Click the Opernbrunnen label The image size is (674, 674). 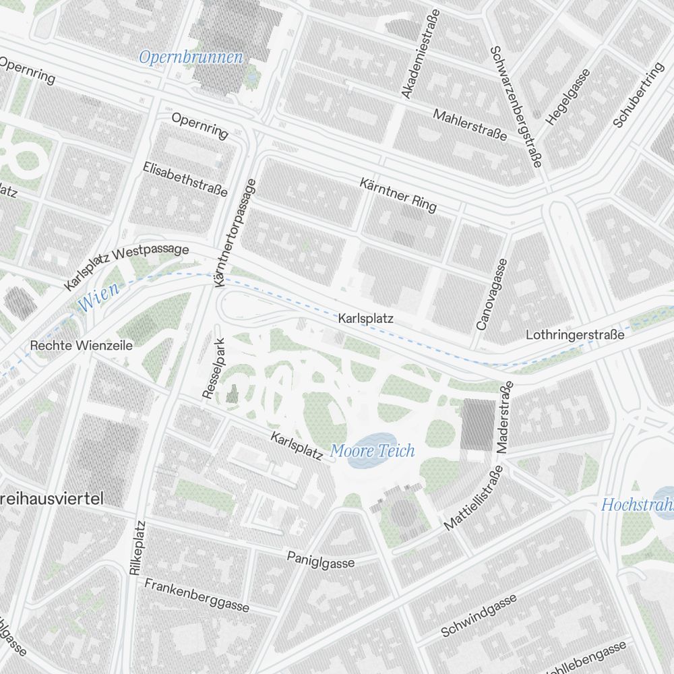click(x=191, y=57)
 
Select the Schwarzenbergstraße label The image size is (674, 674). click(x=516, y=106)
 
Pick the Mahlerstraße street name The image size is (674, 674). click(x=470, y=125)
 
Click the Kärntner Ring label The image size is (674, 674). click(x=398, y=194)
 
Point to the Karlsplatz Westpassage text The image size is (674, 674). click(x=126, y=267)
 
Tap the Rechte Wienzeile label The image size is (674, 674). click(x=82, y=346)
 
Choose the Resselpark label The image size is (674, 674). click(x=212, y=371)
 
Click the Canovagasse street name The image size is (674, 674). click(x=490, y=295)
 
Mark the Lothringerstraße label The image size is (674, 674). click(x=575, y=334)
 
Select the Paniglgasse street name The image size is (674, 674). click(x=321, y=559)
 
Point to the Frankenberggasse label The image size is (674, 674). click(x=197, y=595)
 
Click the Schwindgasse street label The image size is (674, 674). click(x=479, y=615)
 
